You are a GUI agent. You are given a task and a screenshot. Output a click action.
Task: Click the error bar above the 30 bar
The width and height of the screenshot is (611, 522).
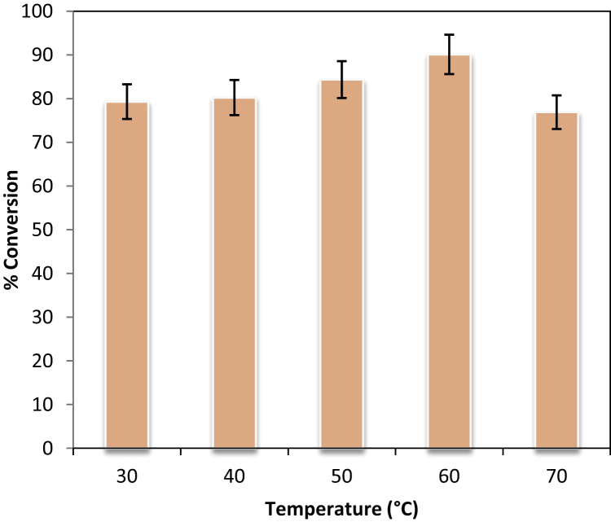(126, 101)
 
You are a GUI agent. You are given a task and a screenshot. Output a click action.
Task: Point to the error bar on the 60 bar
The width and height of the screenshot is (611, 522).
(449, 54)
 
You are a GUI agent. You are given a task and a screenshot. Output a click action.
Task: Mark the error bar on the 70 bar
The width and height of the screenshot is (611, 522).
(556, 112)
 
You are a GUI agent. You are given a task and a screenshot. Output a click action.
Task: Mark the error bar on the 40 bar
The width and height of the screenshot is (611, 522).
(234, 97)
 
